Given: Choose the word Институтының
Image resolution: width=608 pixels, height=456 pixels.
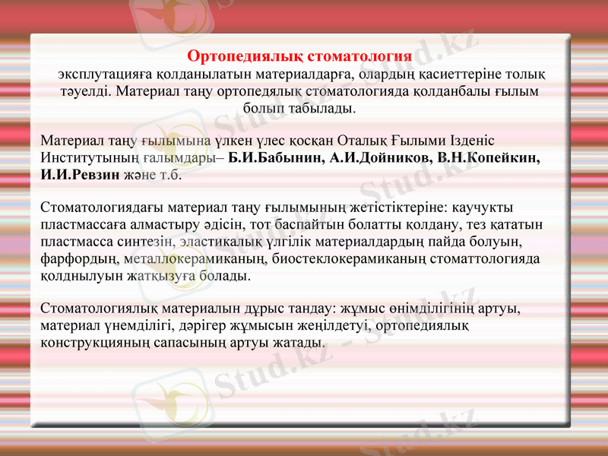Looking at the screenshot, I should (90, 158).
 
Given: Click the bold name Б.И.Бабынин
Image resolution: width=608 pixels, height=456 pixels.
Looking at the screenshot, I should (278, 158).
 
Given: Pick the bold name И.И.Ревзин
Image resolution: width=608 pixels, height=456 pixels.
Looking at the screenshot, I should (80, 175).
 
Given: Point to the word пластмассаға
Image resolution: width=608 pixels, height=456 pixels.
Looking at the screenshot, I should (84, 225).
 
